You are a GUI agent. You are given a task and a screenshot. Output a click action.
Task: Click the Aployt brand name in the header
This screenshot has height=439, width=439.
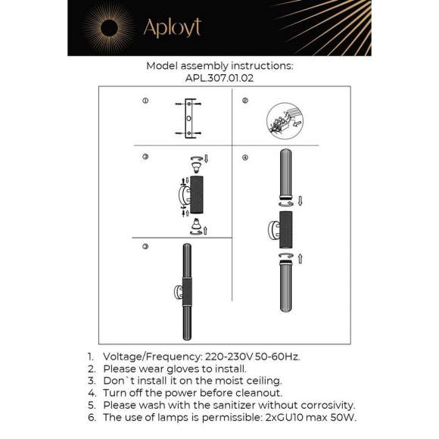pyautogui.click(x=173, y=28)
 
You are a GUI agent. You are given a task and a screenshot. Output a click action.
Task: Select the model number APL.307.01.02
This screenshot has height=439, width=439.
pyautogui.click(x=219, y=77)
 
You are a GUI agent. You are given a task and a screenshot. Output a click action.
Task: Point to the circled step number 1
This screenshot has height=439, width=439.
pyautogui.click(x=145, y=101)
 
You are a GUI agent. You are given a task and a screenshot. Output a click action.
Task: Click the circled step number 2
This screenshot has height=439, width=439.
pyautogui.click(x=245, y=101)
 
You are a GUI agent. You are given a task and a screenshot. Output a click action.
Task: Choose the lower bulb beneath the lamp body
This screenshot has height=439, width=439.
pyautogui.click(x=195, y=224)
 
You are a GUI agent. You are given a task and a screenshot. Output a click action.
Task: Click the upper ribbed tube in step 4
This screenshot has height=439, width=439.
pyautogui.click(x=285, y=174)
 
